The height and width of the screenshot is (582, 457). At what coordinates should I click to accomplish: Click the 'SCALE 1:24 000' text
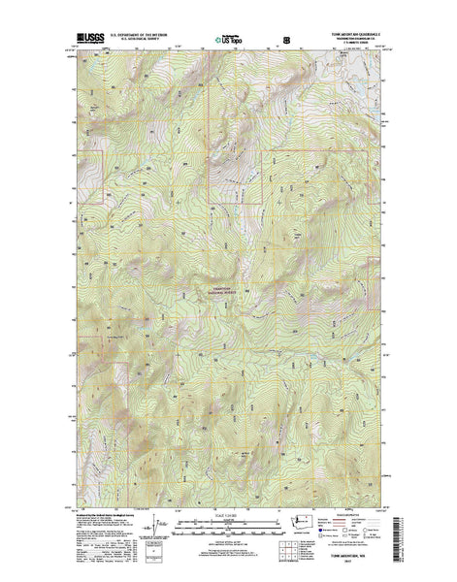[x=228, y=515]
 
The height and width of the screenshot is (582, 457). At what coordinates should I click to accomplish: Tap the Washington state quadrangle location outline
[x=309, y=524]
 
